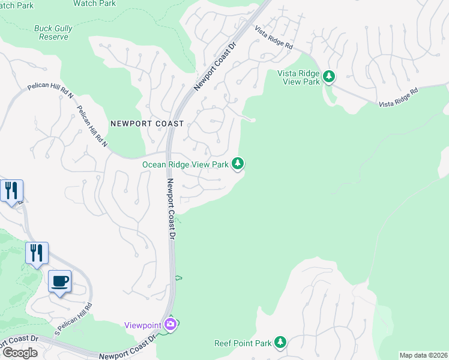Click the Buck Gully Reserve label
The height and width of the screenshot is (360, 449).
pos(50,32)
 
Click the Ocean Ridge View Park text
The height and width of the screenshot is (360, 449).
pos(185,164)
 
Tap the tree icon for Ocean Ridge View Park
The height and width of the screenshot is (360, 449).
pos(238,163)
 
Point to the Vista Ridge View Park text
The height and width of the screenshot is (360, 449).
pos(298,77)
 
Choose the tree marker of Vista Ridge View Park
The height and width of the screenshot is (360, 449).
pos(328,76)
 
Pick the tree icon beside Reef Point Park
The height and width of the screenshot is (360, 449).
pos(280,343)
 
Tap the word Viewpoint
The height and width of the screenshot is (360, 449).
pos(142,325)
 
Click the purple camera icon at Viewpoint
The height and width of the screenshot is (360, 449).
pos(171,325)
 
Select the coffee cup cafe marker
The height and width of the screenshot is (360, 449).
pos(59,281)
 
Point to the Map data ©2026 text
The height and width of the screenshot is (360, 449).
pos(423,355)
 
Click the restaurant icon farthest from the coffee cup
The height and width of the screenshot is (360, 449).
pos(11,191)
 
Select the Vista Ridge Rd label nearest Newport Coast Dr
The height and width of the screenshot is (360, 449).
pos(273,37)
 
